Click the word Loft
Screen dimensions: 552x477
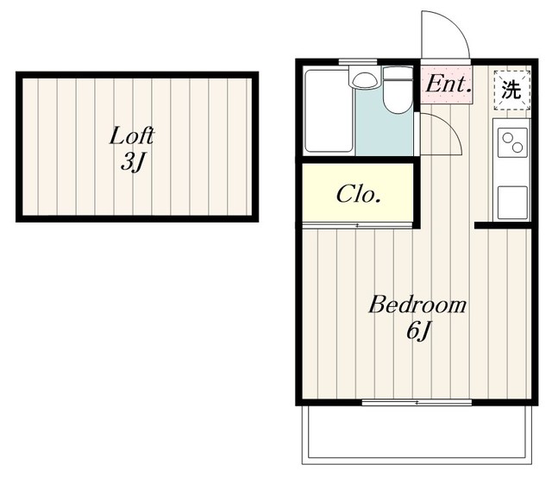point(132,136)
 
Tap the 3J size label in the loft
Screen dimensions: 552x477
point(133,162)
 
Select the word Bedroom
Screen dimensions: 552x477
point(417,304)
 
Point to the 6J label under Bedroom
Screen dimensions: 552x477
point(418,331)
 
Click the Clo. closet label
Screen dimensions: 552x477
point(359,194)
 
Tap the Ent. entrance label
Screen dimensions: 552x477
point(448,85)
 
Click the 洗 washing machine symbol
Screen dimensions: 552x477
point(511,90)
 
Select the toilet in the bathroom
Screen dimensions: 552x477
point(398,91)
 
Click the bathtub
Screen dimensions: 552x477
point(329,111)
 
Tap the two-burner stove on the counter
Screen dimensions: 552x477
point(512,142)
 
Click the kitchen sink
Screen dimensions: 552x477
point(512,203)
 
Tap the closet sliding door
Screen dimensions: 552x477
point(357,225)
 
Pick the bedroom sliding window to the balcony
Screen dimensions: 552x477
point(417,402)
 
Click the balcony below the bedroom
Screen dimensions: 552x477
point(417,435)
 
